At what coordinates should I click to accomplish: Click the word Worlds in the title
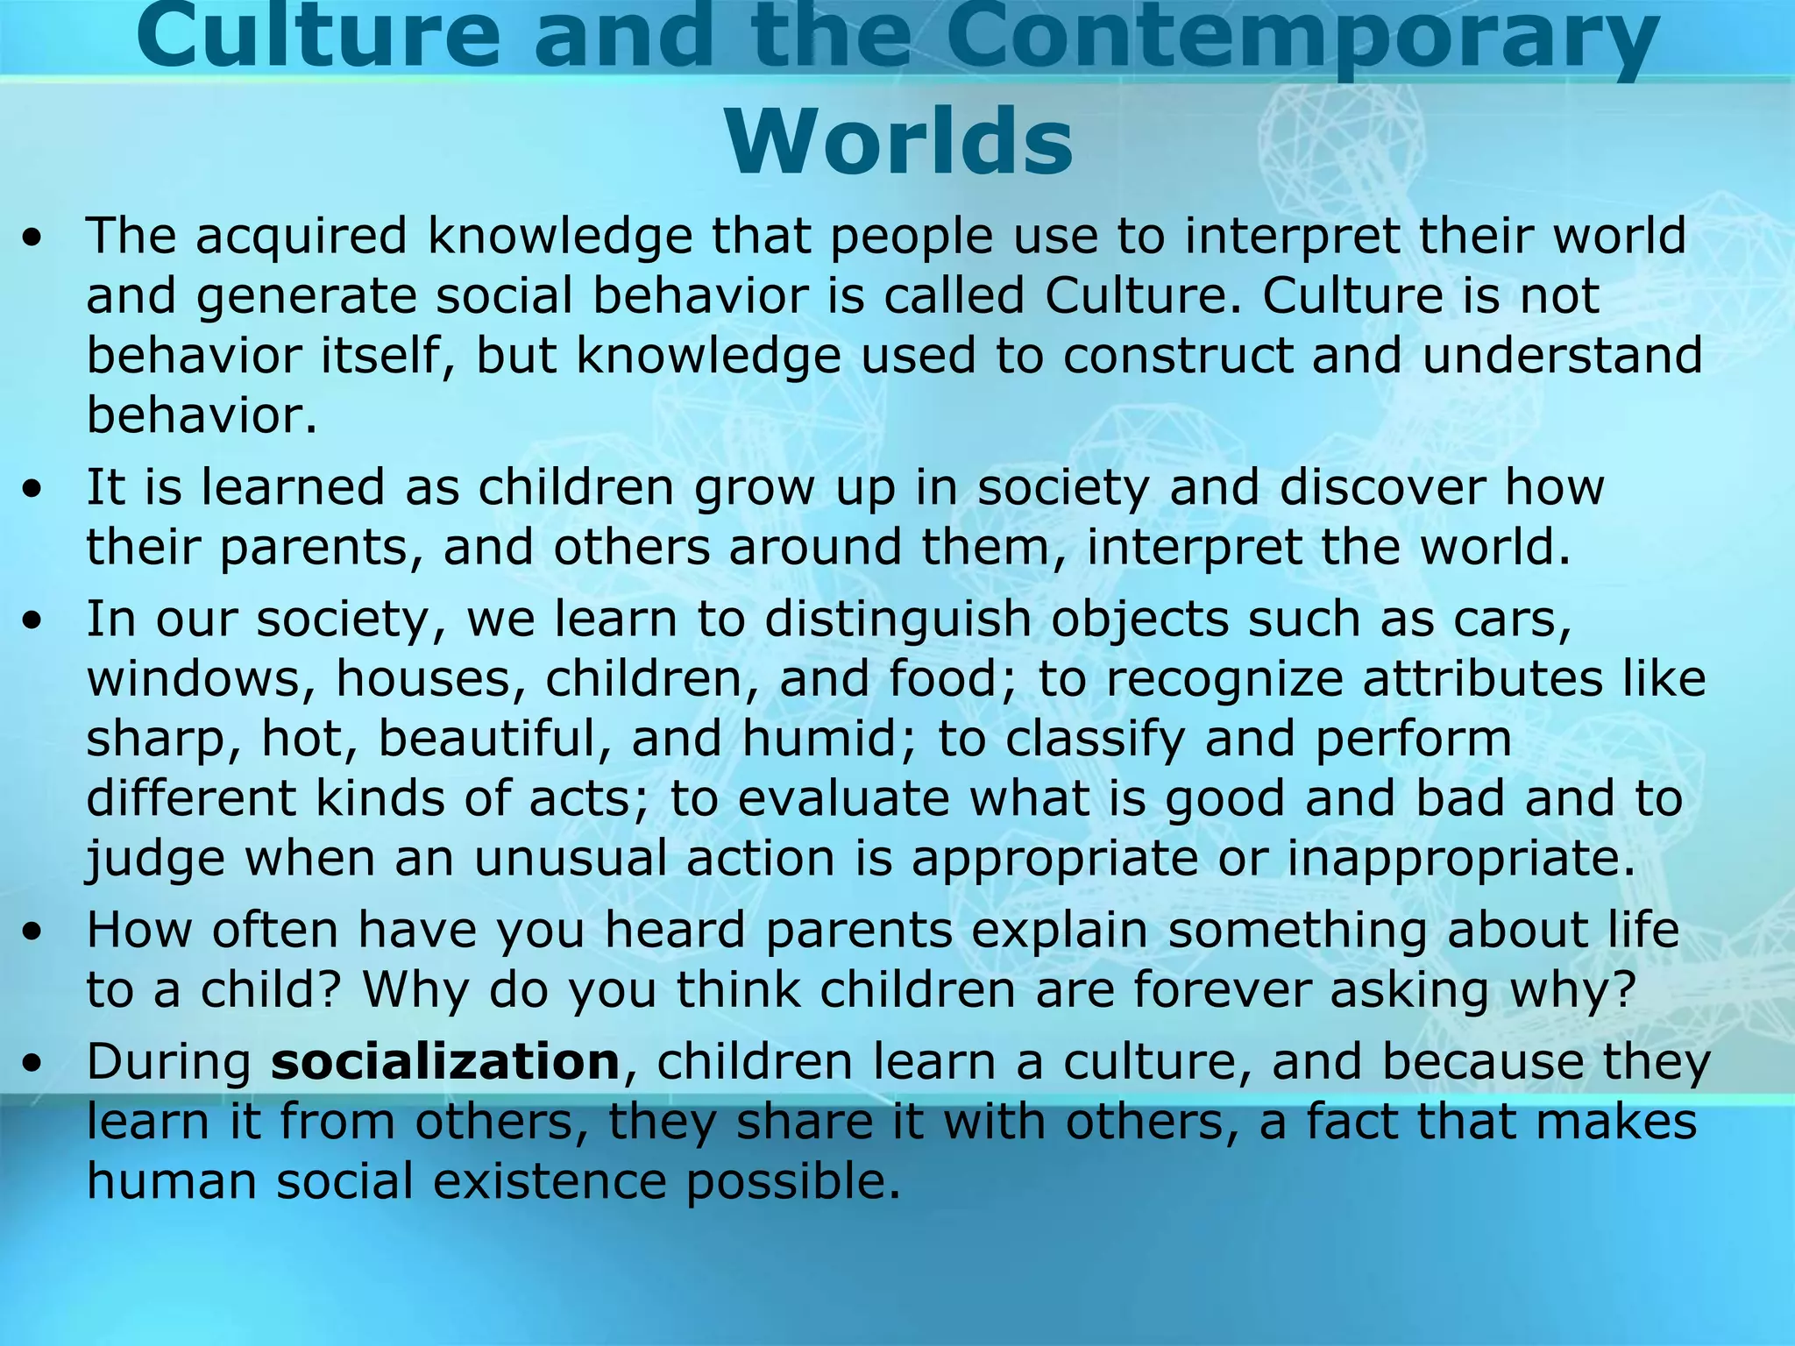click(898, 143)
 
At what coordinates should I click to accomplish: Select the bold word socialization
click(445, 1062)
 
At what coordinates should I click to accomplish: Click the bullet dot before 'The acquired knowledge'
click(32, 239)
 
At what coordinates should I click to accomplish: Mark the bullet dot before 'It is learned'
click(32, 490)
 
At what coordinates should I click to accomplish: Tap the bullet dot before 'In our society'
click(32, 621)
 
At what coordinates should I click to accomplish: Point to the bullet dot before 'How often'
click(32, 932)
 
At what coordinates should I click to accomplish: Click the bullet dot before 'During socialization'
click(32, 1065)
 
